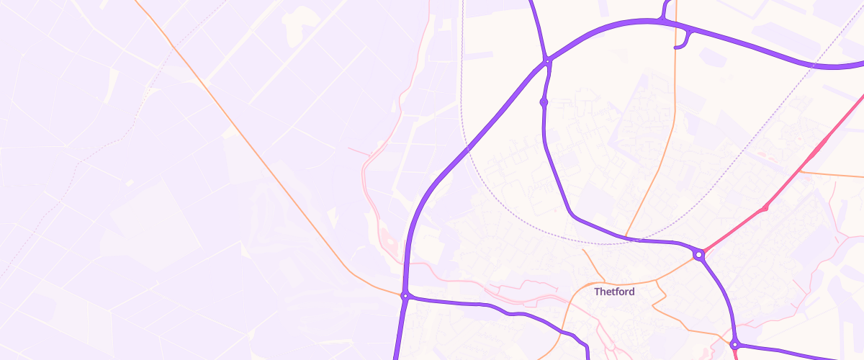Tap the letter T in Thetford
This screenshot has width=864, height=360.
click(x=598, y=292)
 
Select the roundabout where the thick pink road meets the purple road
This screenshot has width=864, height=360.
click(x=698, y=254)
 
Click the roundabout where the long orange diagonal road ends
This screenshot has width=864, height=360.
click(x=405, y=296)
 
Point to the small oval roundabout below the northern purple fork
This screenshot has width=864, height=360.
click(x=544, y=103)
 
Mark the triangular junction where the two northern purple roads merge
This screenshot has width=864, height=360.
click(x=547, y=60)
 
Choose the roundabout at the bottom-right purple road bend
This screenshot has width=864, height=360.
click(x=734, y=345)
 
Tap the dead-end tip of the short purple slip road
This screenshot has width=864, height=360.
click(x=675, y=48)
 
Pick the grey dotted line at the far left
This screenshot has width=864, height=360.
click(x=43, y=216)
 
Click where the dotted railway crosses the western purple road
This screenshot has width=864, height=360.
click(x=467, y=149)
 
